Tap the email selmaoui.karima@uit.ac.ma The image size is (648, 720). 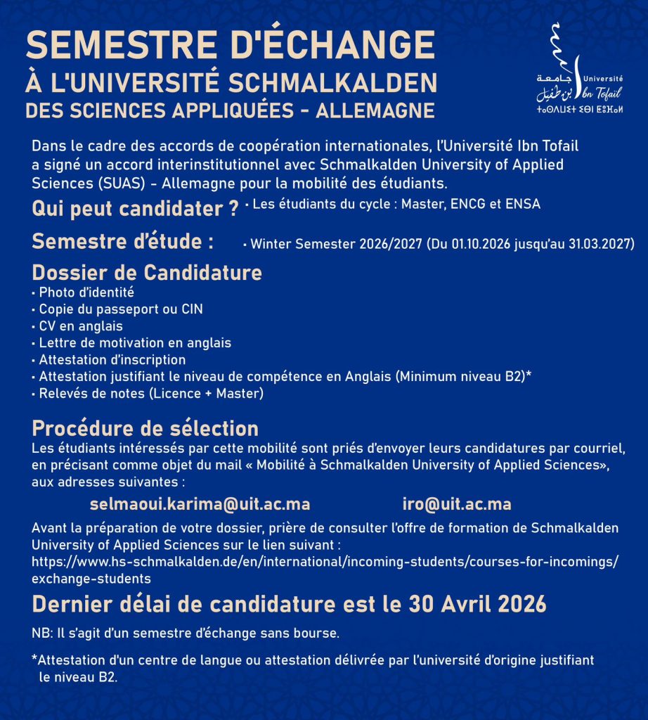pyautogui.click(x=200, y=504)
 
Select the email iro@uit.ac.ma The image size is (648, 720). pyautogui.click(x=456, y=504)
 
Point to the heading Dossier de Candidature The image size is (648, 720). pyautogui.click(x=147, y=272)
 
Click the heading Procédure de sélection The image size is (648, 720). pyautogui.click(x=145, y=428)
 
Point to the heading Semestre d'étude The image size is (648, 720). pyautogui.click(x=123, y=241)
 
